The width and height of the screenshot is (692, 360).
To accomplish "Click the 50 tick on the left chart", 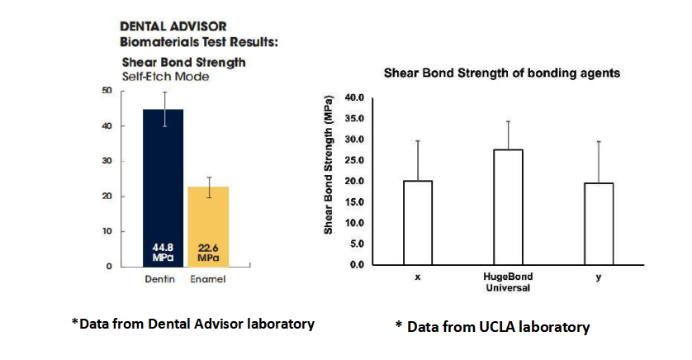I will pos(107,90).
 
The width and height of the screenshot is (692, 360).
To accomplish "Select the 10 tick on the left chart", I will pos(107,231).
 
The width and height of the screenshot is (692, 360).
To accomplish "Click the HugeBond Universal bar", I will pos(509,206).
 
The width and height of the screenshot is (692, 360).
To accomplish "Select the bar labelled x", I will pos(418,222).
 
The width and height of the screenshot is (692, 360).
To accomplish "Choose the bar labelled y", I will pos(599,223).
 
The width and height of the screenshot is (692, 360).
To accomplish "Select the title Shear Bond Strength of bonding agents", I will pos(502,73).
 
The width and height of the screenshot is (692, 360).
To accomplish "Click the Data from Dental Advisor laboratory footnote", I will pos(192,324).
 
